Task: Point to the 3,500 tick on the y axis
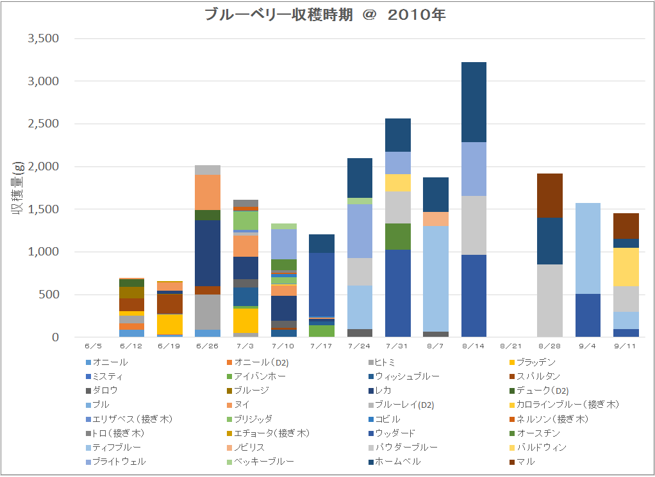(44, 38)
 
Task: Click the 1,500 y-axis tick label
(44, 209)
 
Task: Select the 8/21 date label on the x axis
(511, 345)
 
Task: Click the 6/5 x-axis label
(94, 345)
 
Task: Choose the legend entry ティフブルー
(117, 447)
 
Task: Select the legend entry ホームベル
(397, 461)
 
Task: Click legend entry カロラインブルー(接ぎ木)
(567, 405)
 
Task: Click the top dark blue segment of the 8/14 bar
(474, 102)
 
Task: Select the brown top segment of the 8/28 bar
(549, 195)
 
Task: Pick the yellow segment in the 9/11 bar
(625, 267)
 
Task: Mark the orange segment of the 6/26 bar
(208, 192)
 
